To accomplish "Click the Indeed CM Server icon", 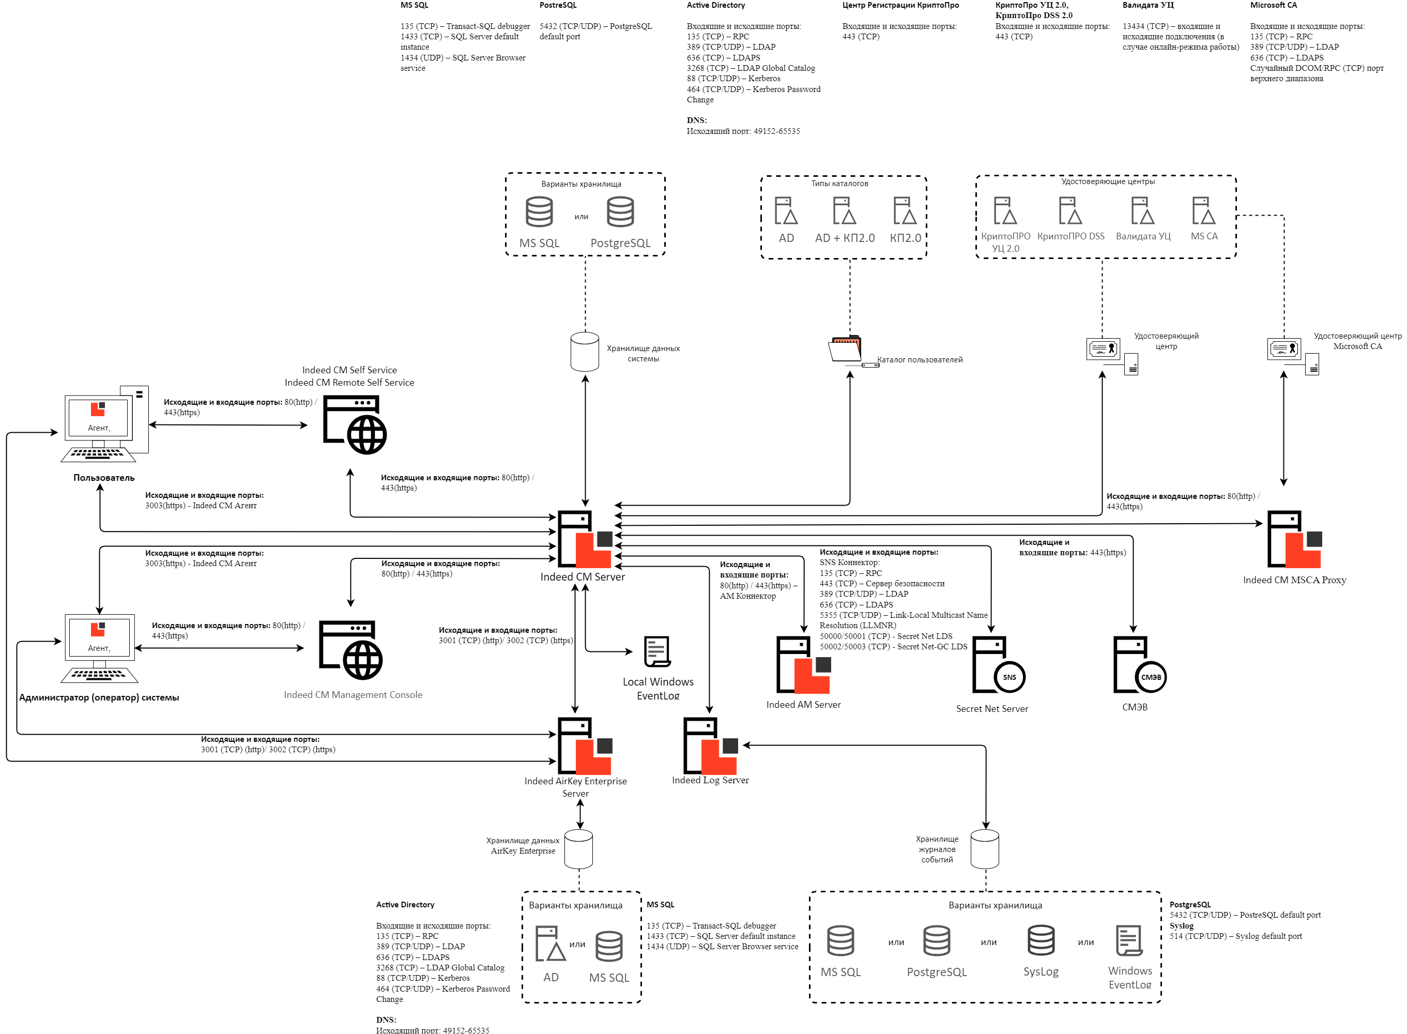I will coord(584,539).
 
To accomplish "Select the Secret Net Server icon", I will coord(998,665).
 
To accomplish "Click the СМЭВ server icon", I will coord(1139,665).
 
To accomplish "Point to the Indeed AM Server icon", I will coord(803,665).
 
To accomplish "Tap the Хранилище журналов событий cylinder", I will coord(984,849).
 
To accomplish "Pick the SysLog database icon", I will coord(1041,941).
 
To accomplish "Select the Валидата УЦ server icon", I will coord(1142,211).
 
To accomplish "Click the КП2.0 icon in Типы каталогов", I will coord(905,211).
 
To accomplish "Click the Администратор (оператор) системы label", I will coord(99,697).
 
